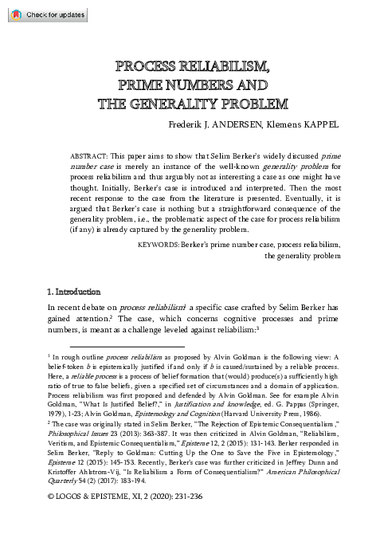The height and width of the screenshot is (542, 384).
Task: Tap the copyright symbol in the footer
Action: click(x=52, y=524)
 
